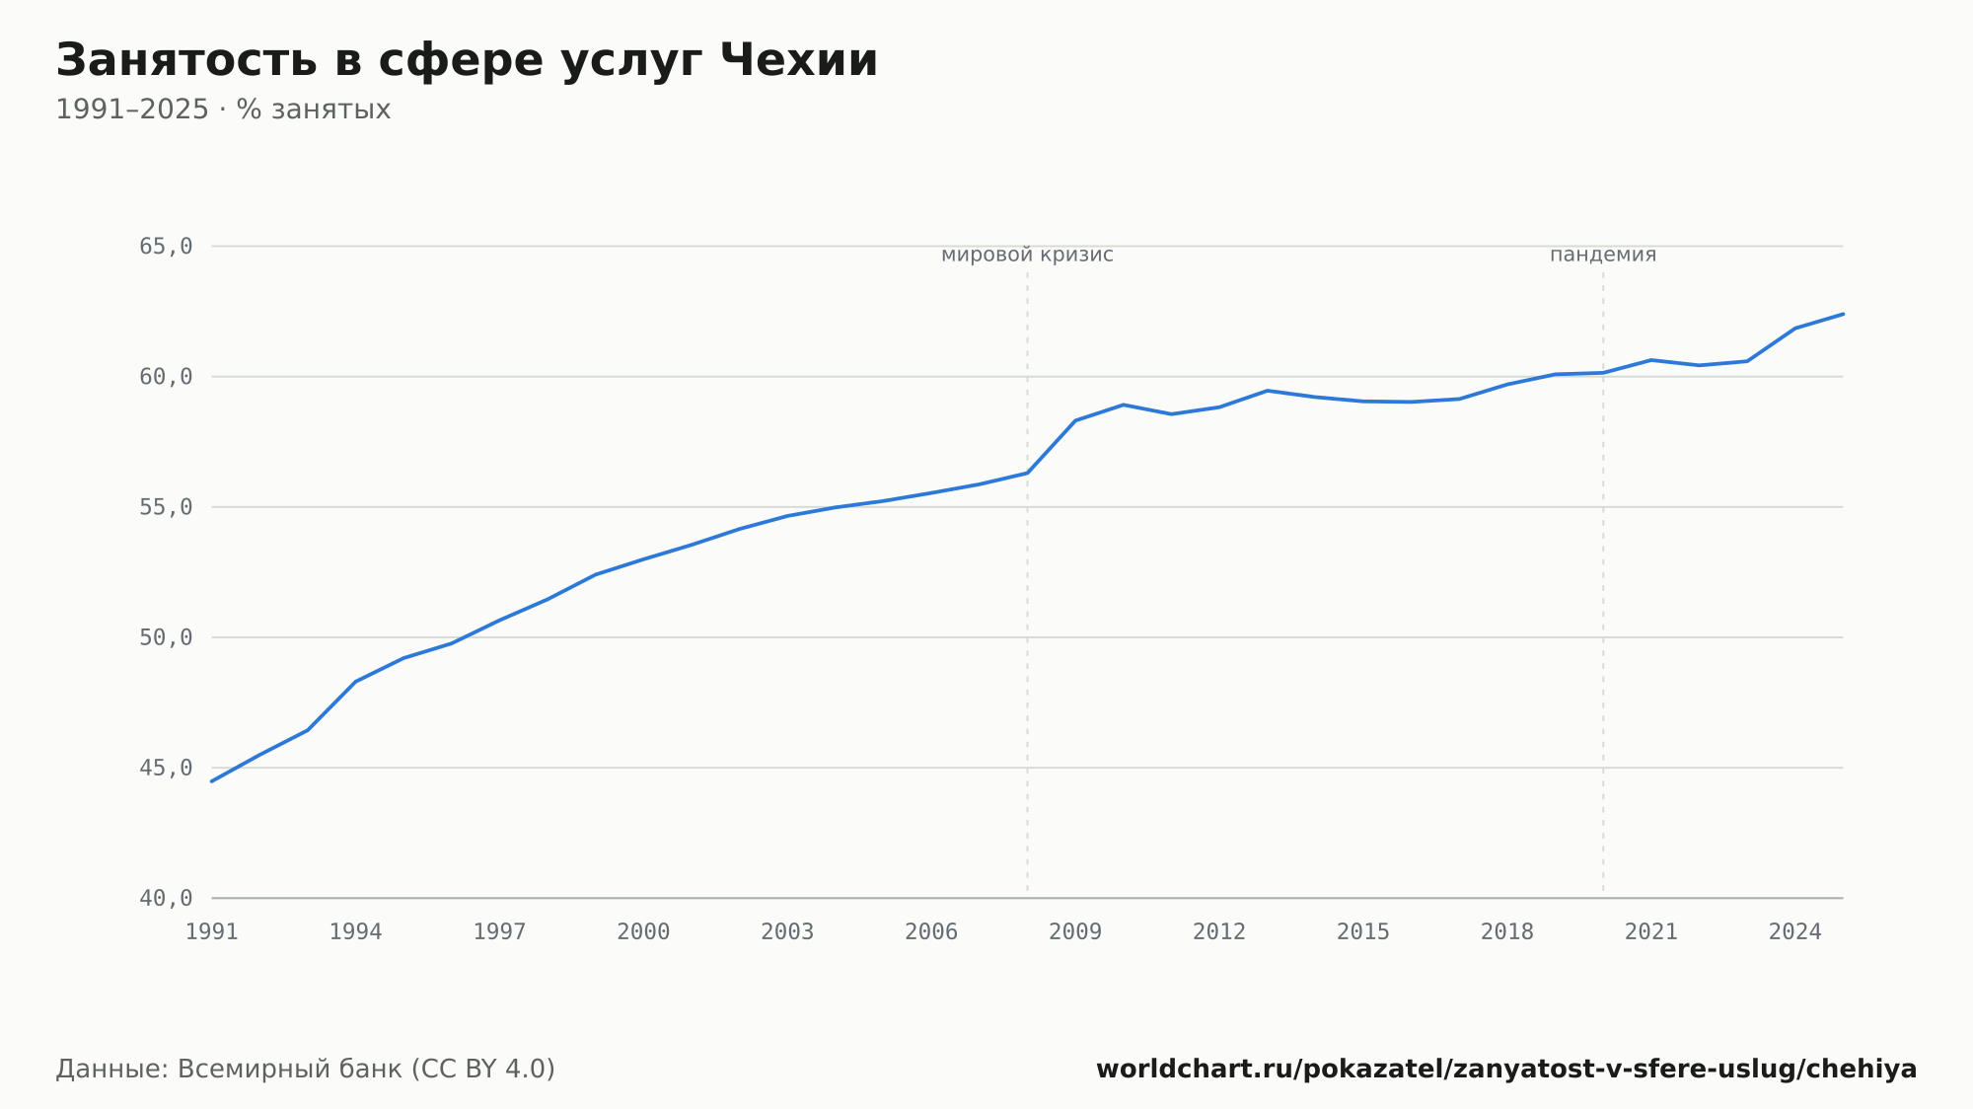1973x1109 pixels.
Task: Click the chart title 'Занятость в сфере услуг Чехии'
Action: pyautogui.click(x=467, y=61)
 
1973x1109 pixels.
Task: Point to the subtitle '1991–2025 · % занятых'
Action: pyautogui.click(x=223, y=110)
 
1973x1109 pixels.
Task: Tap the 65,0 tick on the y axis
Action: pyautogui.click(x=166, y=247)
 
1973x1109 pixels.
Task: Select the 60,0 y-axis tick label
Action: pyautogui.click(x=166, y=377)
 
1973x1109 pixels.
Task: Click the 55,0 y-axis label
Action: pyautogui.click(x=166, y=507)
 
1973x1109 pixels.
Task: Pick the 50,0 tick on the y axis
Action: pyautogui.click(x=166, y=637)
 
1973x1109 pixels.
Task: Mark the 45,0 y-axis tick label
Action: pyautogui.click(x=166, y=768)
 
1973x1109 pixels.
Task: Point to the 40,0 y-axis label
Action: pyautogui.click(x=166, y=898)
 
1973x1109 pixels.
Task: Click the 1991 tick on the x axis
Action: pyautogui.click(x=212, y=932)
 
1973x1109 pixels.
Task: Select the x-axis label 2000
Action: pyautogui.click(x=643, y=932)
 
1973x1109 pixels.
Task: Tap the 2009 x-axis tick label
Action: pyautogui.click(x=1075, y=932)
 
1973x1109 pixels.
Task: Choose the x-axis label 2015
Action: pyautogui.click(x=1363, y=932)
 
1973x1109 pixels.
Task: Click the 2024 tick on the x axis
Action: pyautogui.click(x=1795, y=932)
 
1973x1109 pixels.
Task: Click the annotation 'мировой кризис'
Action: pyautogui.click(x=1027, y=255)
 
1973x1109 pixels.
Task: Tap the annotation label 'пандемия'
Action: pyautogui.click(x=1603, y=255)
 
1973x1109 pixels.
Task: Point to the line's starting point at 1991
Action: pyautogui.click(x=212, y=781)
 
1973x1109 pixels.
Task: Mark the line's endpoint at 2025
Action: pyautogui.click(x=1843, y=314)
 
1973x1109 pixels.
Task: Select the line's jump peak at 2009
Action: pyautogui.click(x=1075, y=420)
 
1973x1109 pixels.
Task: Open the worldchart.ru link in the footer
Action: pyautogui.click(x=1506, y=1070)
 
